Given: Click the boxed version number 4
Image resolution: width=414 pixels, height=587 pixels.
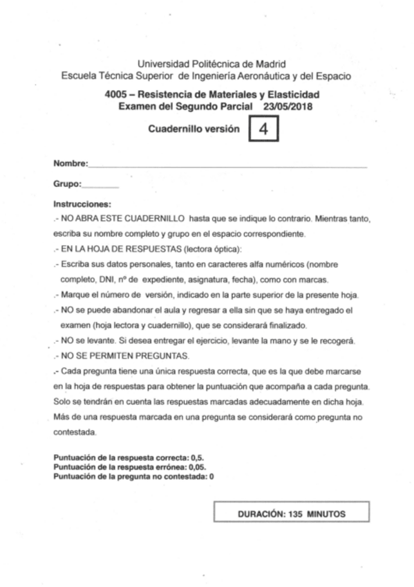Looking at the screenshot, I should point(263,129).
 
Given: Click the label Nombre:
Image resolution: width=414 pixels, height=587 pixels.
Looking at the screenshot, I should point(70,164).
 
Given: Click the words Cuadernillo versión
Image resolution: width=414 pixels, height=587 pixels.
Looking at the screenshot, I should point(194,129).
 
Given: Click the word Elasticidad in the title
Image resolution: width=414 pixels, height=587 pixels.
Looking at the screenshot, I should point(292,94).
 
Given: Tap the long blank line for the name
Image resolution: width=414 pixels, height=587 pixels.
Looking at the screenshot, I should point(228,165).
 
